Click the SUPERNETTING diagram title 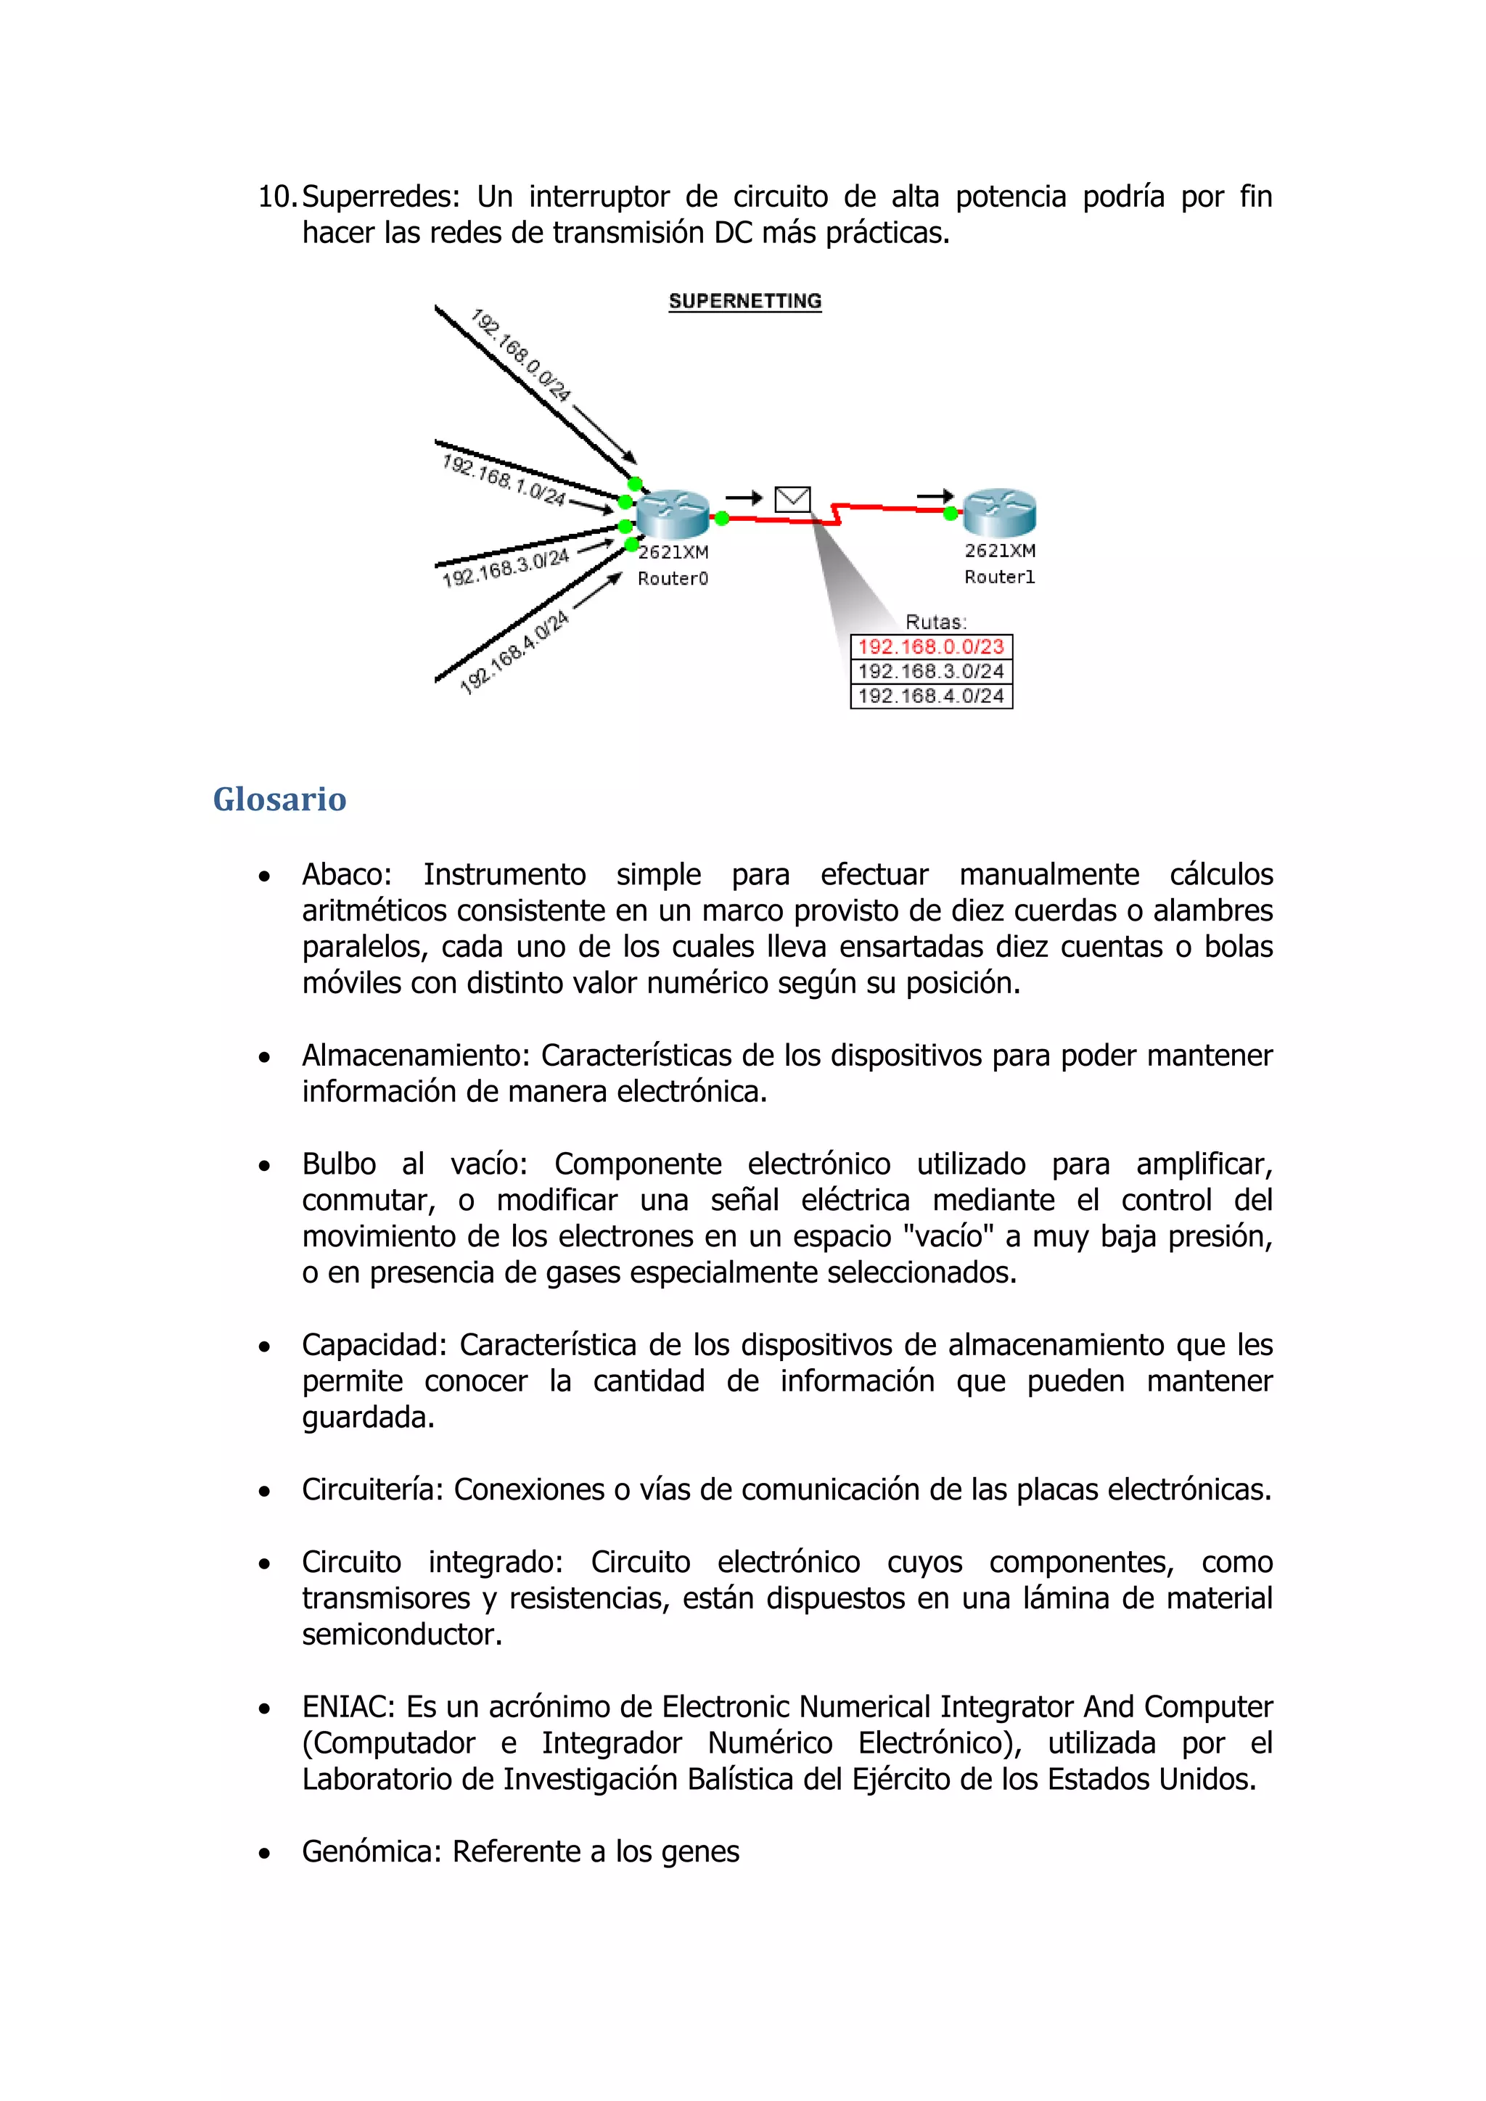[x=745, y=301]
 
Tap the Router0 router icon [x=673, y=514]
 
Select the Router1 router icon [x=999, y=512]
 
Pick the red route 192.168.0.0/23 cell [x=931, y=647]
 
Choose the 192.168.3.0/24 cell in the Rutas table [x=931, y=672]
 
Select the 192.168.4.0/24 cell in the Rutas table [x=931, y=696]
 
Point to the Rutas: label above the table [x=935, y=622]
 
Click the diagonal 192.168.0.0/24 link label [x=521, y=356]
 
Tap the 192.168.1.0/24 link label [x=504, y=480]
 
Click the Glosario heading [x=279, y=799]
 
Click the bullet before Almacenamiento [x=264, y=1058]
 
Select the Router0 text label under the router [x=673, y=578]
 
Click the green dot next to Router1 [x=951, y=514]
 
